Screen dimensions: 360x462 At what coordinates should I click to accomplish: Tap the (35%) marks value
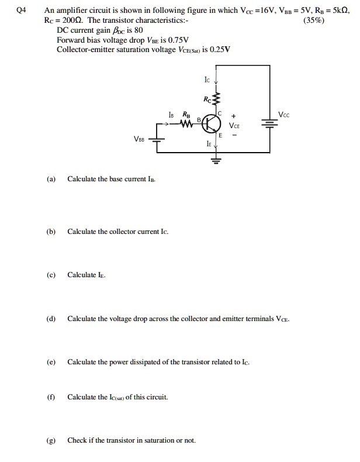coord(316,20)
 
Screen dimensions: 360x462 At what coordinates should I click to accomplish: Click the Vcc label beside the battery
coord(284,114)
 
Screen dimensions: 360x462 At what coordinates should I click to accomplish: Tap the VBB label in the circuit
coord(140,139)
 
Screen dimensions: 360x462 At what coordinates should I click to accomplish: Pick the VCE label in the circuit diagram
coord(234,125)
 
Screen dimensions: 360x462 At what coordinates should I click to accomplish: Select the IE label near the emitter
coord(208,142)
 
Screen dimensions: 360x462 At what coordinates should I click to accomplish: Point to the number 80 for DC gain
coord(139,30)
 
